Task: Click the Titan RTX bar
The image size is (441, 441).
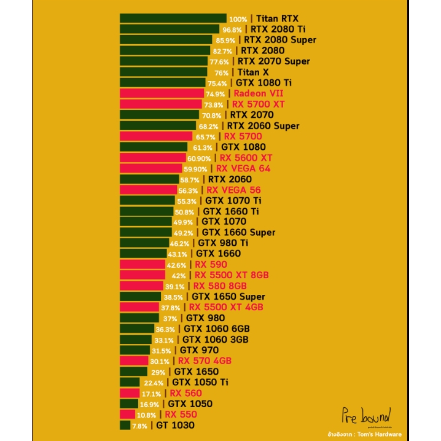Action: [173, 18]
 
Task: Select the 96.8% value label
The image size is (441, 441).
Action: [232, 29]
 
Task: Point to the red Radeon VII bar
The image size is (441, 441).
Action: [162, 93]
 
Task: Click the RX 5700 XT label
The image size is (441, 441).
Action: [258, 104]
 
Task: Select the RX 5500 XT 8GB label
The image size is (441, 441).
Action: [232, 275]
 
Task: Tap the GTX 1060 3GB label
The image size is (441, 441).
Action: [215, 340]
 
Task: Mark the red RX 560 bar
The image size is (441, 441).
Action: [130, 393]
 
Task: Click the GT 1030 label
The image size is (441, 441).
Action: [175, 425]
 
